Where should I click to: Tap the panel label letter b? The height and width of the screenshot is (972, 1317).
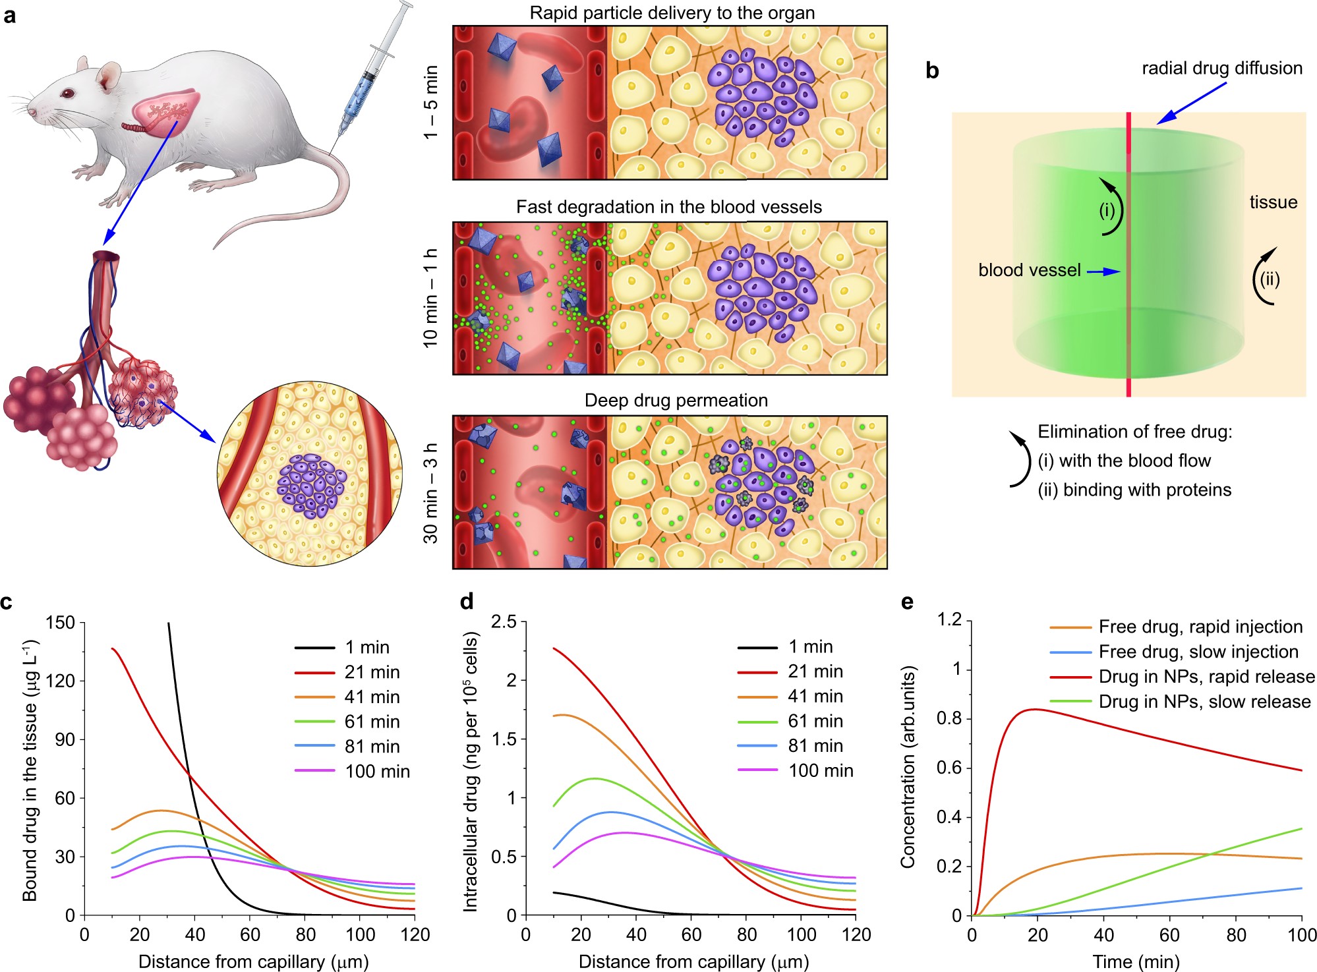tap(932, 71)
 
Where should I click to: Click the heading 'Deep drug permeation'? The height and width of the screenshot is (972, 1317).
tap(676, 401)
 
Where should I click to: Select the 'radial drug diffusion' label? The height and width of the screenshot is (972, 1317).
tap(1222, 68)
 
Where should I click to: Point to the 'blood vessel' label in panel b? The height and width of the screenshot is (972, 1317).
tap(1030, 270)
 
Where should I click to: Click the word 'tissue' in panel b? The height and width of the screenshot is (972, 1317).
tap(1273, 202)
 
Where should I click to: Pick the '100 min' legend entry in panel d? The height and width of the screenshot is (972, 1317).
tap(796, 770)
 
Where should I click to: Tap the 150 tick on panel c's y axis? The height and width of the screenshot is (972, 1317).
tap(61, 623)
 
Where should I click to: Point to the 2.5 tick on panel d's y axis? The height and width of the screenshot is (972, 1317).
tap(504, 621)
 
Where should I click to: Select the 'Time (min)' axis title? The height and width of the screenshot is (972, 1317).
tap(1136, 961)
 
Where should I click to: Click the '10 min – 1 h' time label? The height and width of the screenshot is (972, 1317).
tap(430, 298)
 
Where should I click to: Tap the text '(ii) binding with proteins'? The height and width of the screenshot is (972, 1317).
tap(1134, 490)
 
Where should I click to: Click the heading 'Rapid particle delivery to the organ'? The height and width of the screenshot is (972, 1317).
tap(672, 13)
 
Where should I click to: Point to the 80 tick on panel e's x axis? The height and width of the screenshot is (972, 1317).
tap(1236, 935)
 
